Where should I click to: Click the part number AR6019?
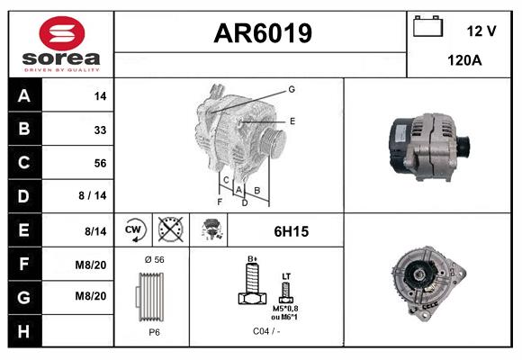click(x=262, y=34)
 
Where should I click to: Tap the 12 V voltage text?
click(x=481, y=31)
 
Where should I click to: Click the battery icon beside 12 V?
click(x=427, y=28)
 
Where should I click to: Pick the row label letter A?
click(x=23, y=95)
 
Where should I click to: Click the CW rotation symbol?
click(x=134, y=230)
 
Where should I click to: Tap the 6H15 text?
click(x=291, y=231)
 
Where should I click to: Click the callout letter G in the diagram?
click(x=292, y=89)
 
